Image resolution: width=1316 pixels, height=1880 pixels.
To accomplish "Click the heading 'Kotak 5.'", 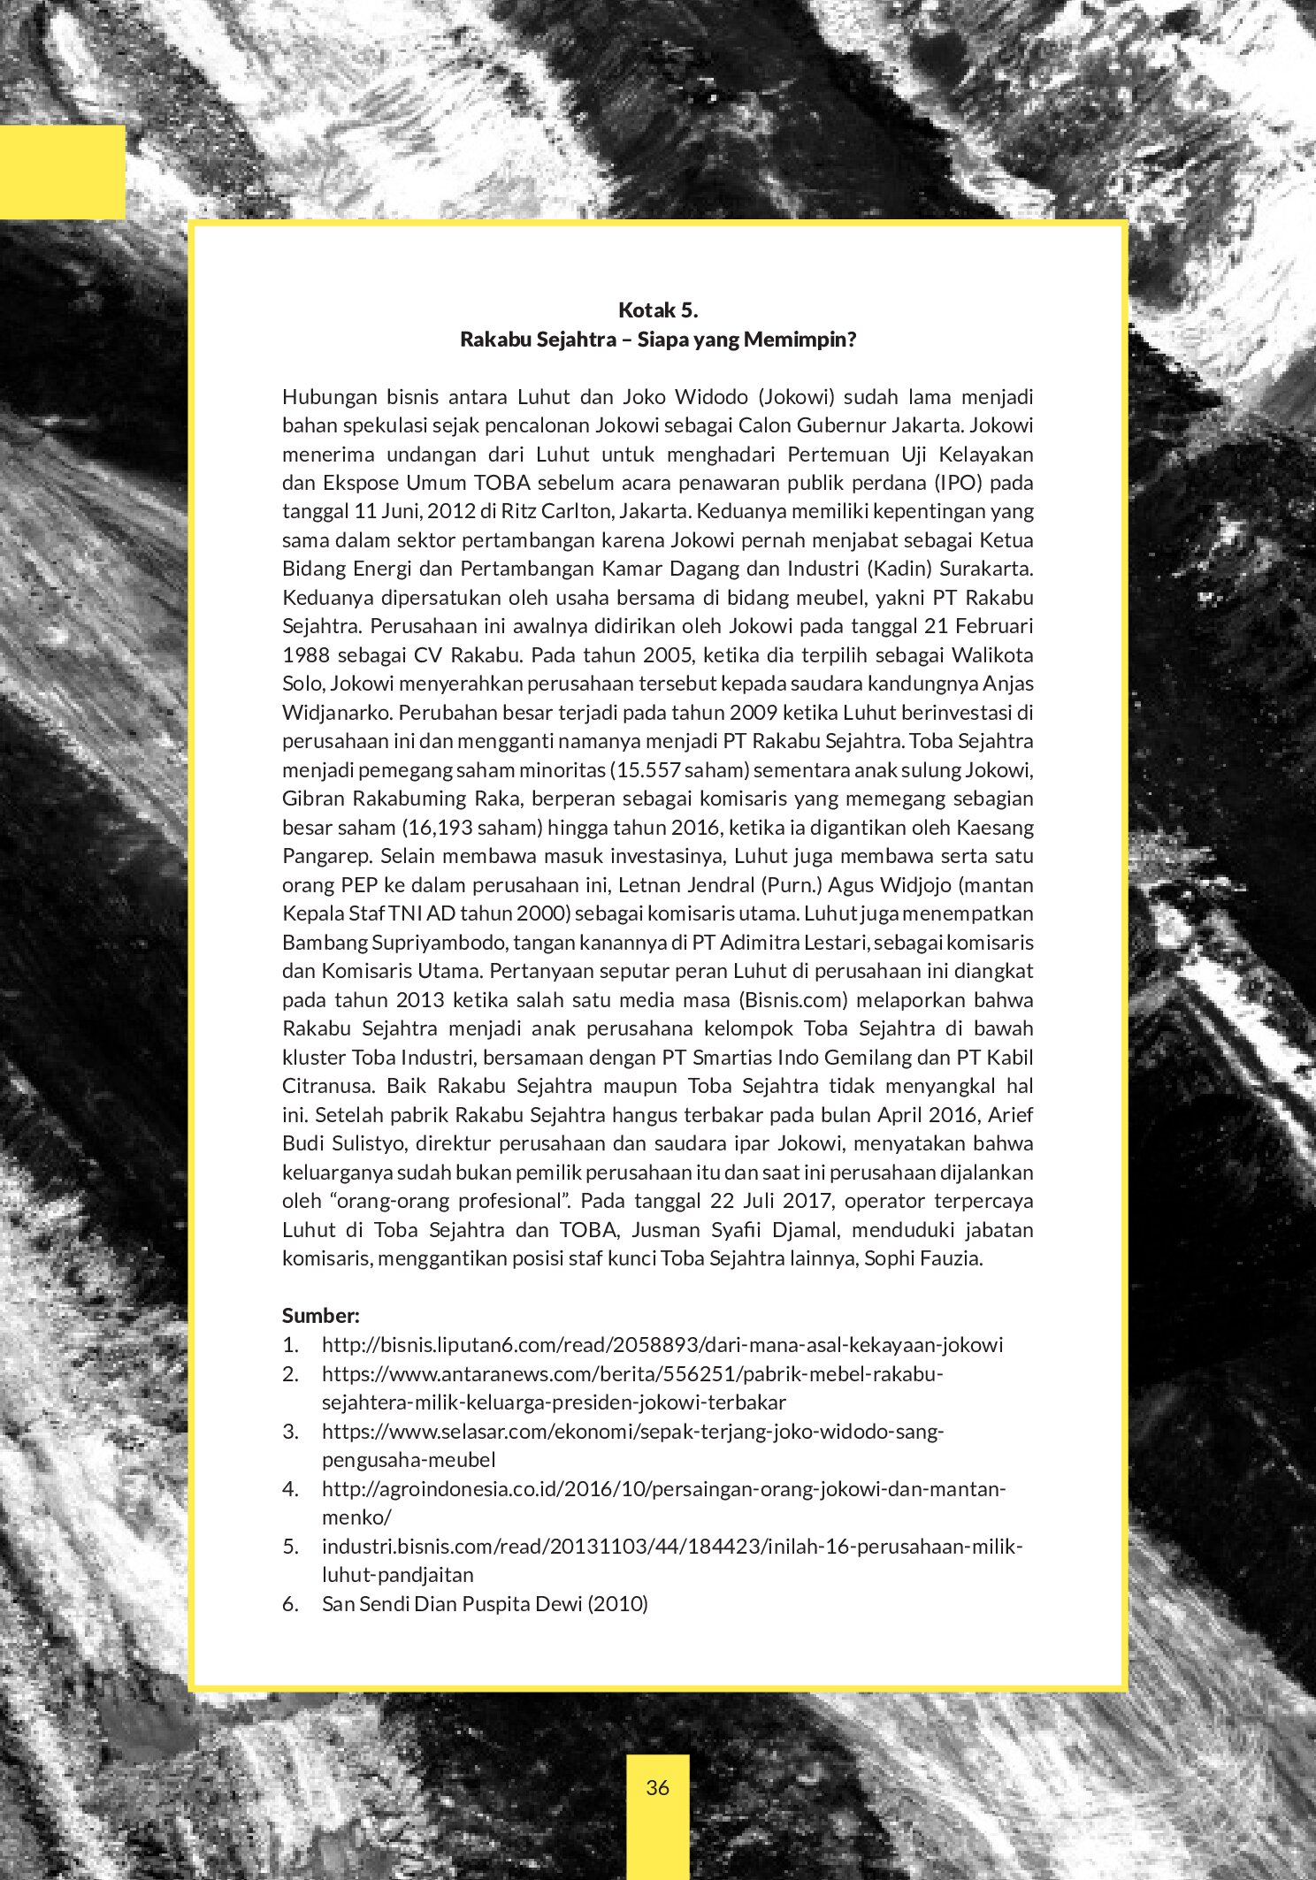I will (658, 310).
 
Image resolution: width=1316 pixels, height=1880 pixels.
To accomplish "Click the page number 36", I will (657, 1787).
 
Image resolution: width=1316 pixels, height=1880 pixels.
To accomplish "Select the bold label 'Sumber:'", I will (320, 1315).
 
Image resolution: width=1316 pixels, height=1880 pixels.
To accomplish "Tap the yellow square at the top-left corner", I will (62, 172).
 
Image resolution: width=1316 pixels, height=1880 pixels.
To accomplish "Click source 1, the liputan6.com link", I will (662, 1345).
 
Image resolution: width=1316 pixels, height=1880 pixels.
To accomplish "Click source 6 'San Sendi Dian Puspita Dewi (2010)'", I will (485, 1603).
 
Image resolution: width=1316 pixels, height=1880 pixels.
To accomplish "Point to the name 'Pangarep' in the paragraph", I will (321, 856).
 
